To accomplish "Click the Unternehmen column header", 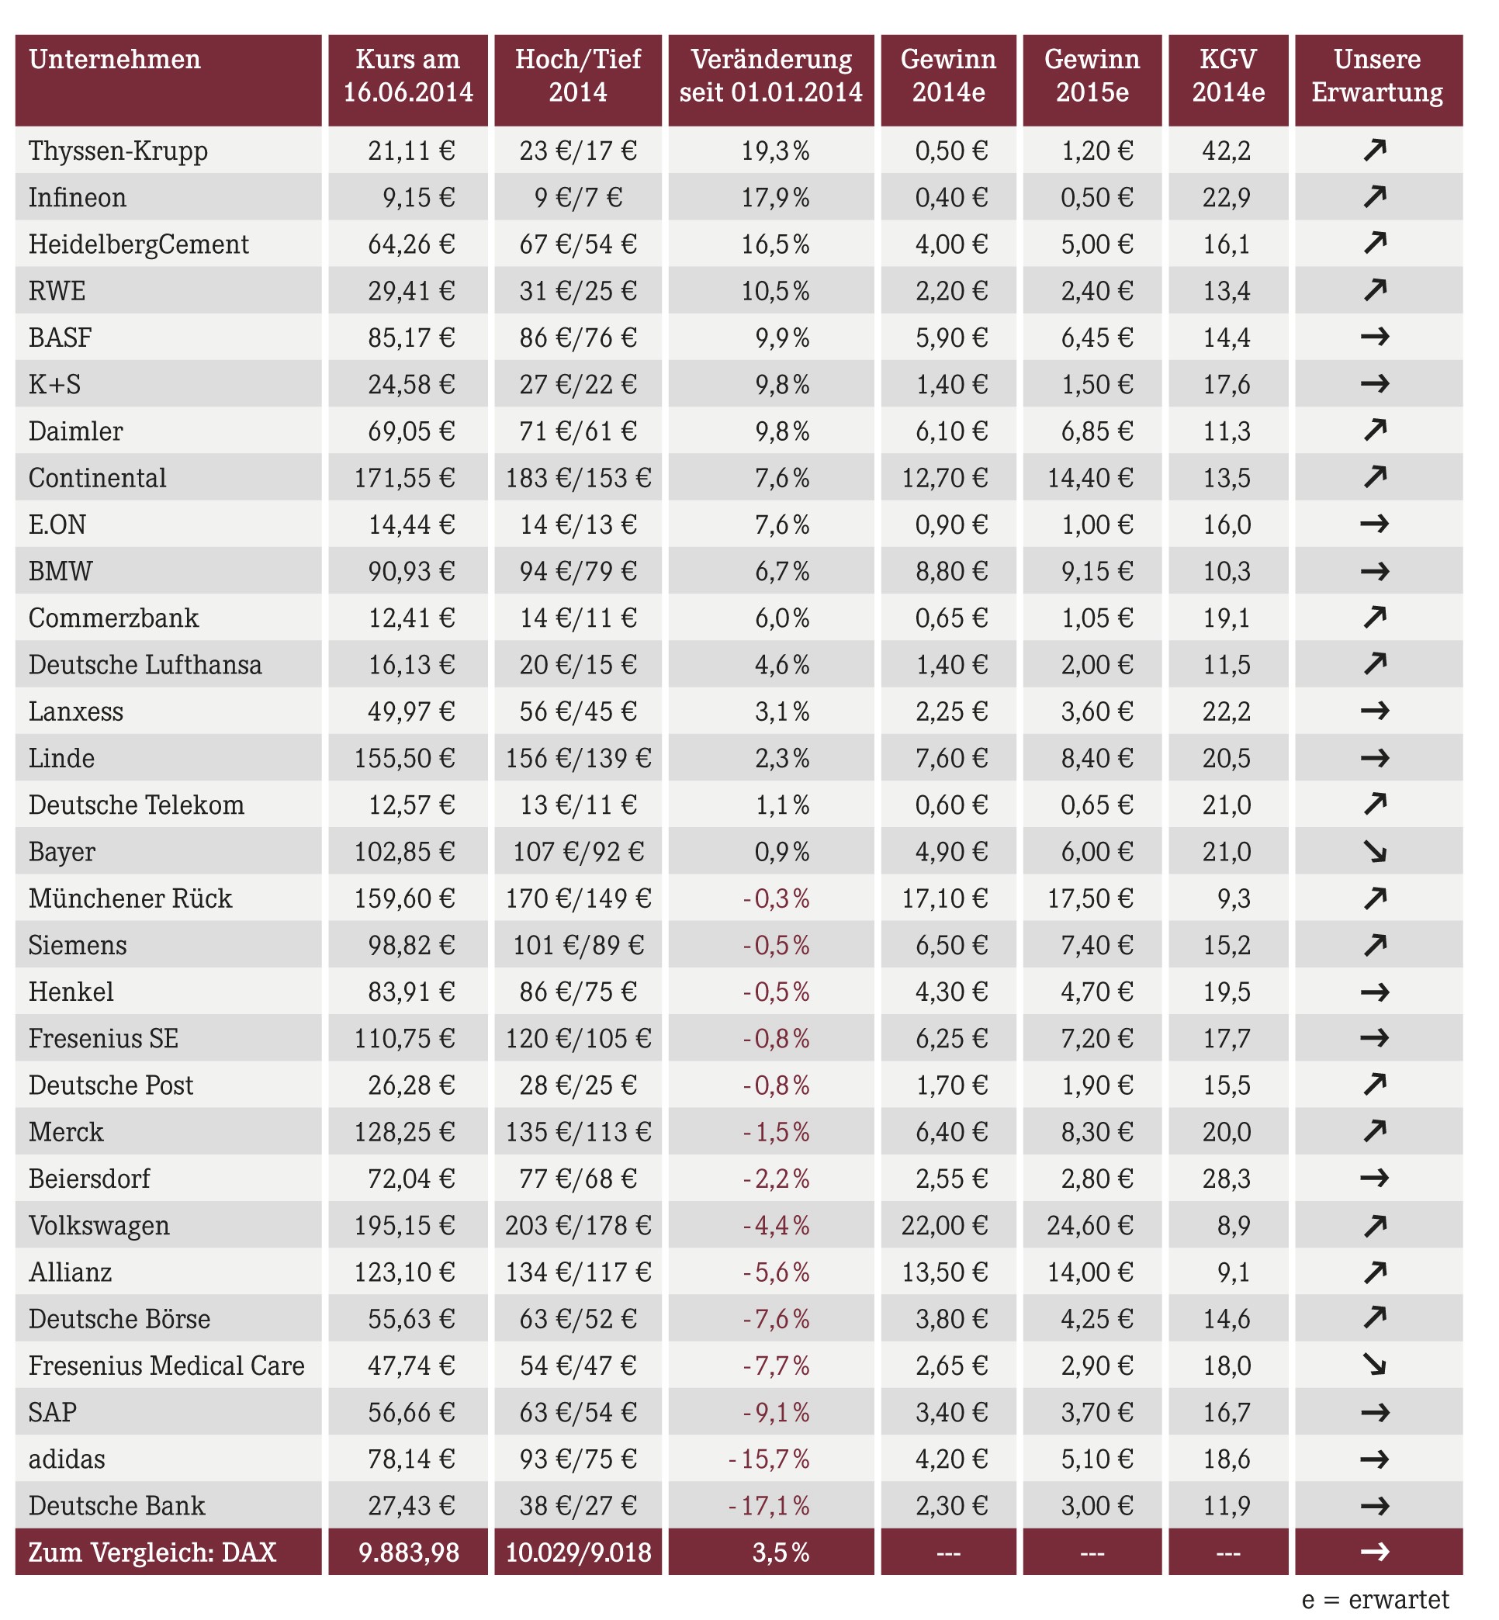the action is click(x=114, y=59).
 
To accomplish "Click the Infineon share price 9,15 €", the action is click(x=418, y=197).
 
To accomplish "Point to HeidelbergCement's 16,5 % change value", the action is click(x=774, y=244).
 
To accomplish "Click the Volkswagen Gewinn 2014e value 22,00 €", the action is click(x=944, y=1225).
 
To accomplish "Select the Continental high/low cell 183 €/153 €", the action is click(x=577, y=478).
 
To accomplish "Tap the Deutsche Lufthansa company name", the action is click(x=145, y=664).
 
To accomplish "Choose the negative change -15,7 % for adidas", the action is click(x=769, y=1459).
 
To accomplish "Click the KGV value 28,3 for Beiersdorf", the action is click(x=1227, y=1178).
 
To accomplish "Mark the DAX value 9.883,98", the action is click(x=409, y=1552).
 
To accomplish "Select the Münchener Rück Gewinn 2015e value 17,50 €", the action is click(x=1090, y=898).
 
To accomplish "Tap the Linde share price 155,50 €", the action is click(x=404, y=758).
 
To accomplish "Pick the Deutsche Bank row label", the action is click(x=117, y=1506).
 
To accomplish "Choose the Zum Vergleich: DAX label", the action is click(x=153, y=1552).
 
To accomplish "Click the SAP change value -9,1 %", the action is click(x=776, y=1411).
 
